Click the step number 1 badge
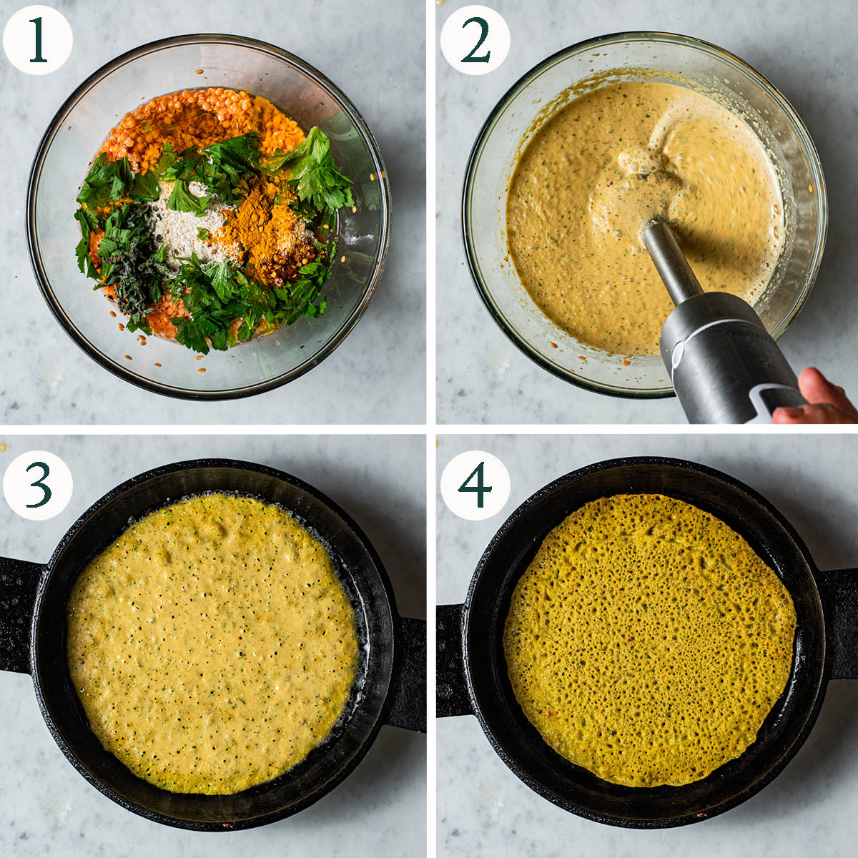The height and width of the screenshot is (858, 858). click(38, 40)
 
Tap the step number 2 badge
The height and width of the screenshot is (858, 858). click(475, 40)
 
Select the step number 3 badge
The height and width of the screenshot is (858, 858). click(38, 485)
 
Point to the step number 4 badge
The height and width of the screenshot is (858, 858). click(475, 485)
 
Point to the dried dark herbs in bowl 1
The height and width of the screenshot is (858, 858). click(134, 262)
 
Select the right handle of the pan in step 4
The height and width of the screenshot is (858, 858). click(839, 623)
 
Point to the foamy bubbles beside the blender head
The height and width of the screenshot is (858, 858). click(641, 160)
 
